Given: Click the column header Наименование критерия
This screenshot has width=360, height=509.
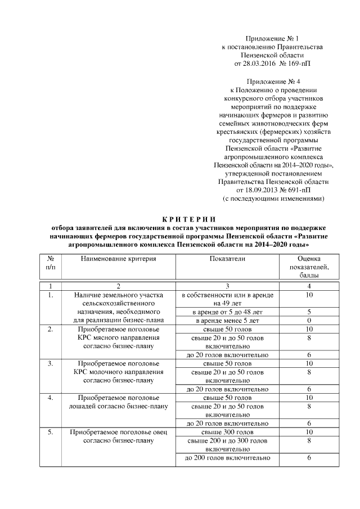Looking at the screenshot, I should tap(118, 259).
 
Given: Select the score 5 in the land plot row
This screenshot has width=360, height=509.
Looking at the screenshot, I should tap(309, 311).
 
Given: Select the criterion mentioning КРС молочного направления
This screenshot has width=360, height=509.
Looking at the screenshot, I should tap(118, 371).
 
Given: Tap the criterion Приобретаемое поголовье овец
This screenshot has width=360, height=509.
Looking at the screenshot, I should tap(118, 431).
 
